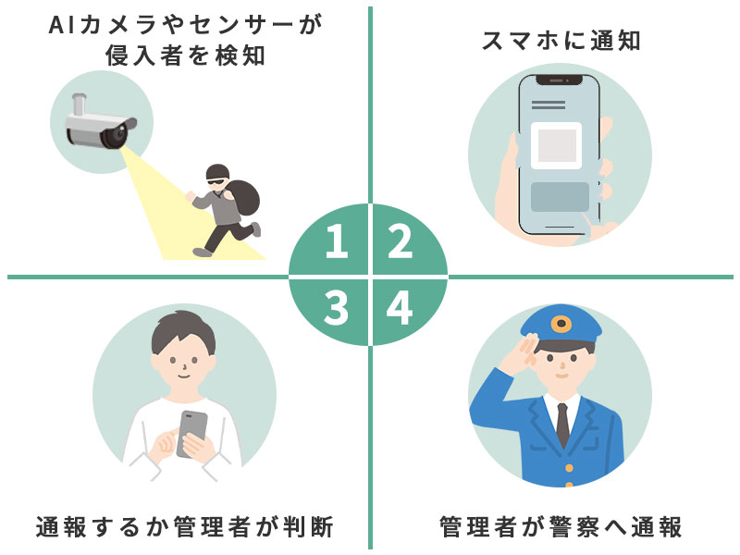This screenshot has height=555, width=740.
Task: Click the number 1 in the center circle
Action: (x=337, y=240)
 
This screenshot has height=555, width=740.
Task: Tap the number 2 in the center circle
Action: (x=401, y=240)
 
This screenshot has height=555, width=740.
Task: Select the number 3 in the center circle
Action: (x=336, y=308)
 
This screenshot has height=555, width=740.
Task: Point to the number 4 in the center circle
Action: (x=400, y=308)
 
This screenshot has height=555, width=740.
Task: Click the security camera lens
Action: (x=117, y=136)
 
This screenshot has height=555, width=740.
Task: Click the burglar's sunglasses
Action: (x=217, y=181)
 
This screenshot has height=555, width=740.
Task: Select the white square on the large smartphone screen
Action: (x=557, y=145)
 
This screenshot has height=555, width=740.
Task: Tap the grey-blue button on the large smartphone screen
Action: (x=560, y=197)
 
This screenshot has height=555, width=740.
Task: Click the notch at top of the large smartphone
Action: (x=560, y=80)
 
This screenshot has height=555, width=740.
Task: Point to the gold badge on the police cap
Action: (x=561, y=324)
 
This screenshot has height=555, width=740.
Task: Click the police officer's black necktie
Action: (x=562, y=425)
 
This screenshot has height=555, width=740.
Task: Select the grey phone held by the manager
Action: (x=191, y=433)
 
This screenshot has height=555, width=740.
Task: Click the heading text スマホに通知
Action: (x=561, y=41)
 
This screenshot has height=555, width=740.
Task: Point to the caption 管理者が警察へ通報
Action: (x=561, y=526)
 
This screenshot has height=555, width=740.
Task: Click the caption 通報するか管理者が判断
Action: (x=184, y=526)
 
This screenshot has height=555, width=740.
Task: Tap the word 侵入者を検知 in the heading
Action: (x=185, y=55)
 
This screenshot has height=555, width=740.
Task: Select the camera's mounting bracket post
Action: (x=79, y=104)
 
